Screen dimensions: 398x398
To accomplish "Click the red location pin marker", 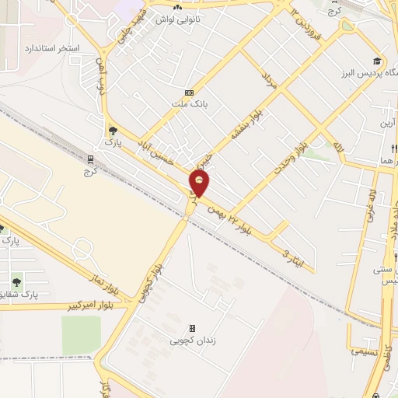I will coord(200,183).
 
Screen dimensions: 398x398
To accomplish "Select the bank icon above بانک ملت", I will coord(188,93).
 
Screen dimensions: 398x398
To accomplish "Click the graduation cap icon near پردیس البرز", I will coord(377,61).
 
